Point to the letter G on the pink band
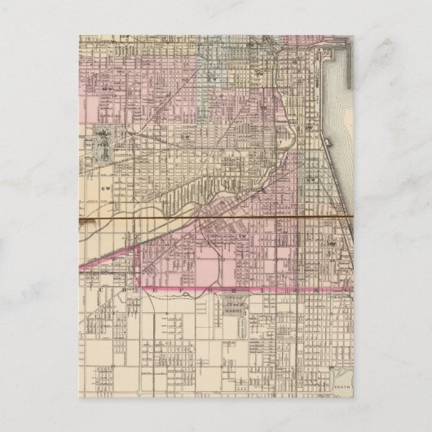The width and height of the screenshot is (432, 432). click(x=208, y=289)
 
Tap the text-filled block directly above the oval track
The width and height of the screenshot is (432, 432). click(x=238, y=304)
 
